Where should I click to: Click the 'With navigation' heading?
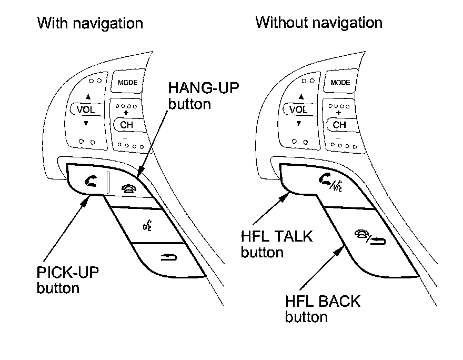pos(90,23)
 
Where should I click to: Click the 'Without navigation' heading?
pos(318,23)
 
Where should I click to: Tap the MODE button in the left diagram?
pos(127,83)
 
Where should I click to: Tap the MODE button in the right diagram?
pos(340,83)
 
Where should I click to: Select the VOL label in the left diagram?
pos(86,111)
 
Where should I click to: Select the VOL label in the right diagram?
pos(298,111)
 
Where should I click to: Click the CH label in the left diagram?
pos(127,125)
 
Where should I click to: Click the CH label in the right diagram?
pos(339,125)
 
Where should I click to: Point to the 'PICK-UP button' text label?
pos(68,280)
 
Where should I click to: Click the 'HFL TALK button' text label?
pos(276,244)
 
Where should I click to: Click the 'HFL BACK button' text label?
pos(323,309)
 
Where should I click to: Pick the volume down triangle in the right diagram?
pos(298,124)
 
